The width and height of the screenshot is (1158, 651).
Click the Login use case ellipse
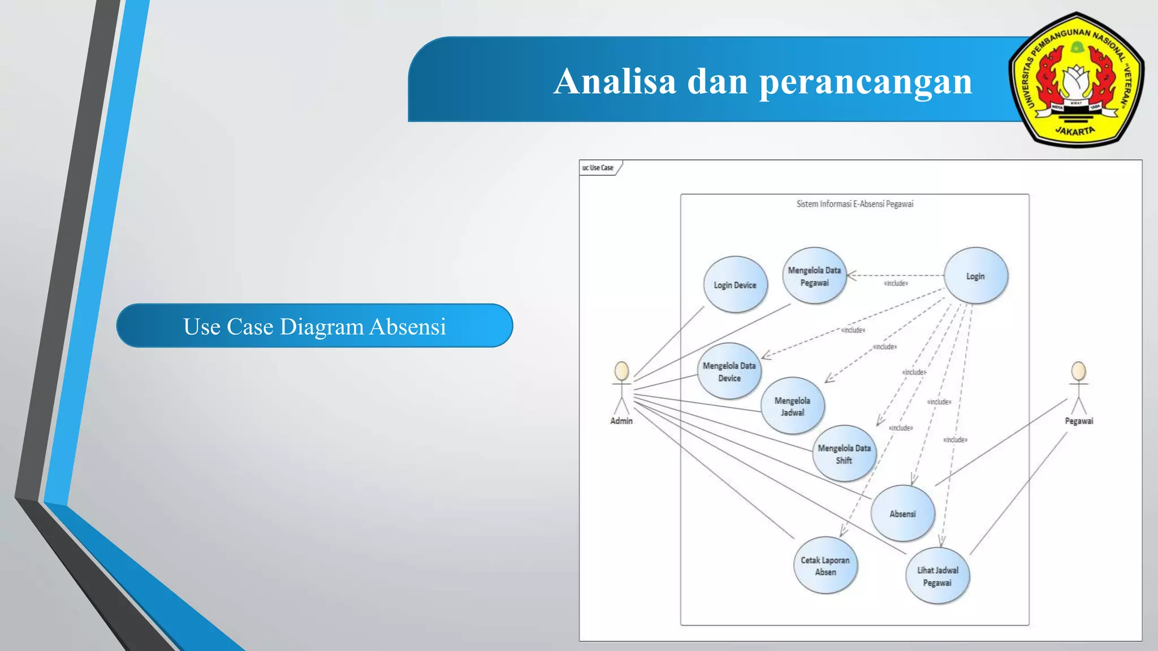(976, 276)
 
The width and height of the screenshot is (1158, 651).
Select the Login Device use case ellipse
(735, 285)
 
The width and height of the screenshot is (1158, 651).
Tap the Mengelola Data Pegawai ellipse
(814, 276)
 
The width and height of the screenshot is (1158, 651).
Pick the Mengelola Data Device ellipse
(729, 372)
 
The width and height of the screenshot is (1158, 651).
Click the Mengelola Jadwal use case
(792, 406)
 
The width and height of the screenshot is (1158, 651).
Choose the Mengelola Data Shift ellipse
(844, 454)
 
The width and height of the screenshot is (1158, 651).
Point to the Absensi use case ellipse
(902, 514)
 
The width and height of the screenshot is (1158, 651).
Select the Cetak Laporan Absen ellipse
(825, 566)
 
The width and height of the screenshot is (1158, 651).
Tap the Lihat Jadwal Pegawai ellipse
(937, 576)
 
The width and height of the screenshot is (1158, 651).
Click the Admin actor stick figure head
(621, 371)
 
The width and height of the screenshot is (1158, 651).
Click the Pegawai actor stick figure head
(1078, 371)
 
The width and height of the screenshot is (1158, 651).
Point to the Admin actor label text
(621, 421)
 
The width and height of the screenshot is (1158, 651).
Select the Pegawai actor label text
(1079, 421)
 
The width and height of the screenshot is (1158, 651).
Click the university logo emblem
(1076, 80)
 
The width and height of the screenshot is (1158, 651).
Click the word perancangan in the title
(865, 82)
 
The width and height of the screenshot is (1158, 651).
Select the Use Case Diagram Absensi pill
(314, 326)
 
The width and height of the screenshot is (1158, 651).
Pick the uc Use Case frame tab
(598, 168)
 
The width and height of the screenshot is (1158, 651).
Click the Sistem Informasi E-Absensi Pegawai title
(854, 204)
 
